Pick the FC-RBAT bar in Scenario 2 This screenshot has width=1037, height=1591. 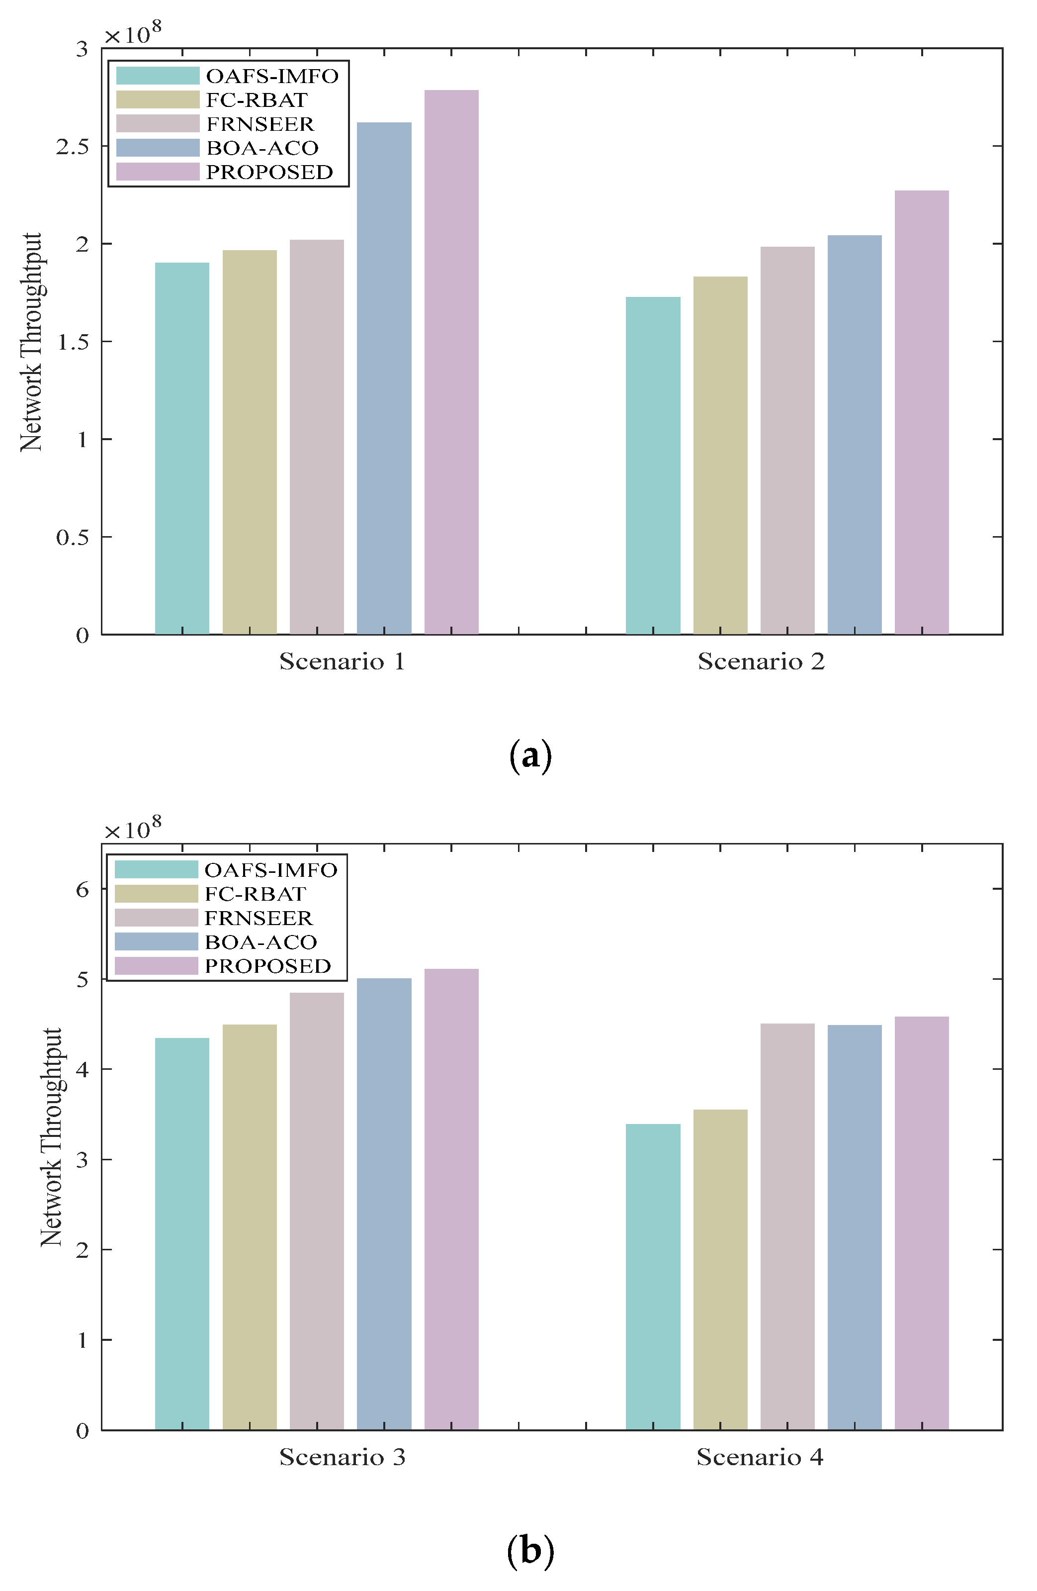(720, 455)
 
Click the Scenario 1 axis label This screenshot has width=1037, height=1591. (342, 661)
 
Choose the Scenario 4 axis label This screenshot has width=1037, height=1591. (760, 1457)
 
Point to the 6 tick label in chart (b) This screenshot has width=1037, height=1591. (82, 889)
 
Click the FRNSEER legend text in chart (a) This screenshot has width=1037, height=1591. (260, 124)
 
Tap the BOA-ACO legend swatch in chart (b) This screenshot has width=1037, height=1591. (157, 941)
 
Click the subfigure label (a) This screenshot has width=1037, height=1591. (530, 756)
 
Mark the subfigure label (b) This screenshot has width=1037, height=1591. (530, 1550)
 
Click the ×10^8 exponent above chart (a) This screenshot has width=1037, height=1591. (133, 33)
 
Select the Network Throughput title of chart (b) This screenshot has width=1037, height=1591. (51, 1136)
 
